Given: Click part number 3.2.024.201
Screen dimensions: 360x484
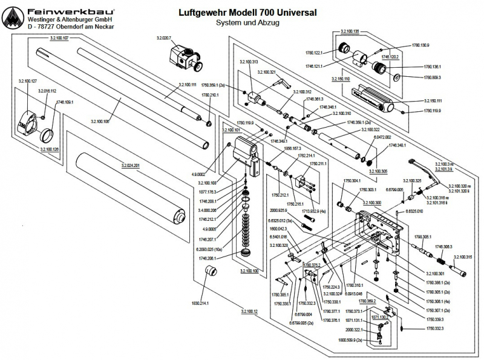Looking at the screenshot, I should pos(130,165).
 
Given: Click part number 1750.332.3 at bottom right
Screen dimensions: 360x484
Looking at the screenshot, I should pos(434,328).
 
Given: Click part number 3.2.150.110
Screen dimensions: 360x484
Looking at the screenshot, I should pos(341,79).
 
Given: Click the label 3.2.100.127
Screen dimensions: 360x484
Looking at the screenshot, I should pos(28,80).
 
